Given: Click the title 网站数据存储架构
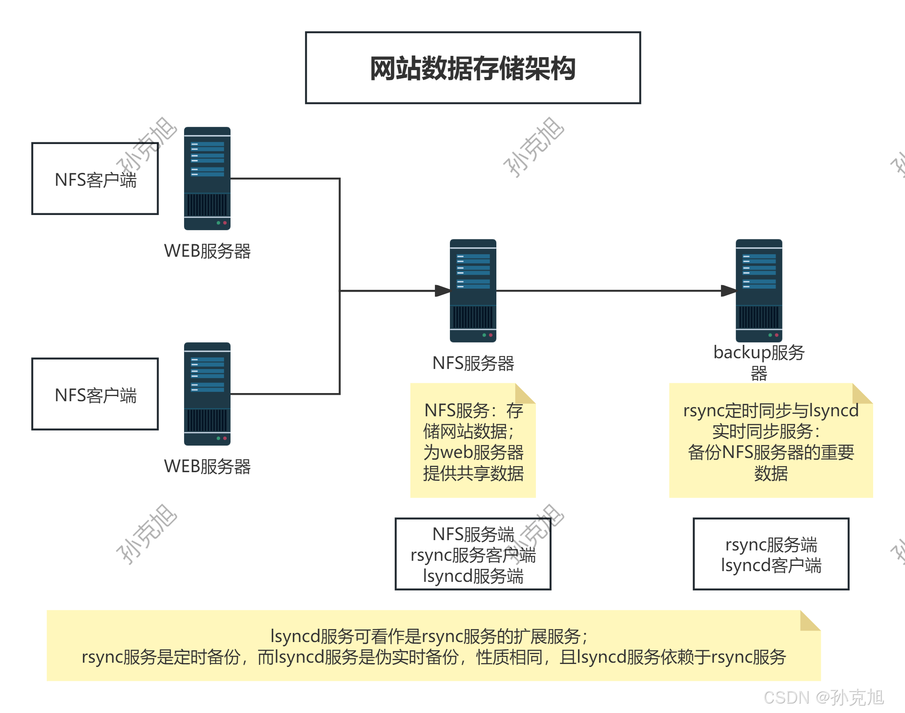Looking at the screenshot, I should coord(473,68).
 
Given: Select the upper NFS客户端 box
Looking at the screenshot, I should coord(95,179).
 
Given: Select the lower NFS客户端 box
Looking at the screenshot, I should coord(95,394).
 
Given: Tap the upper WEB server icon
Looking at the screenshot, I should coord(207,178).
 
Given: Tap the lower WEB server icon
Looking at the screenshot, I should coord(207,393).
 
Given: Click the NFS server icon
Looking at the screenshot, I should coord(473,290).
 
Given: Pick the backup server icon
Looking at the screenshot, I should coord(759,290).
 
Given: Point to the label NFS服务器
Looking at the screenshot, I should coord(473,363).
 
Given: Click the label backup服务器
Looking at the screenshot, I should coord(759,362).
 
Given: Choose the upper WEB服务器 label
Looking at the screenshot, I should coord(207,251).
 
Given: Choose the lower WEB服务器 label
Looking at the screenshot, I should coord(207,467).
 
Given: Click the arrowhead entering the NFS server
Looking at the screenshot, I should coord(443,291).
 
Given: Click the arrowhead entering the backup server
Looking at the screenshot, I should coord(729,291).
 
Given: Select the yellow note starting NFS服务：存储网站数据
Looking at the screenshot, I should coord(473,441).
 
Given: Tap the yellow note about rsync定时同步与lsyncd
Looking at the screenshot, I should coord(771,441).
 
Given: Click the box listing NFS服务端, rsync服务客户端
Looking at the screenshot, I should coord(473,554).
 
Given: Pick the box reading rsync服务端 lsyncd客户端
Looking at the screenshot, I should coord(771,554).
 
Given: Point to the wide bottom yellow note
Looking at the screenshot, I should coord(434,646).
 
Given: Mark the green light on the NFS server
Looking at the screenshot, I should coord(484,335).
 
